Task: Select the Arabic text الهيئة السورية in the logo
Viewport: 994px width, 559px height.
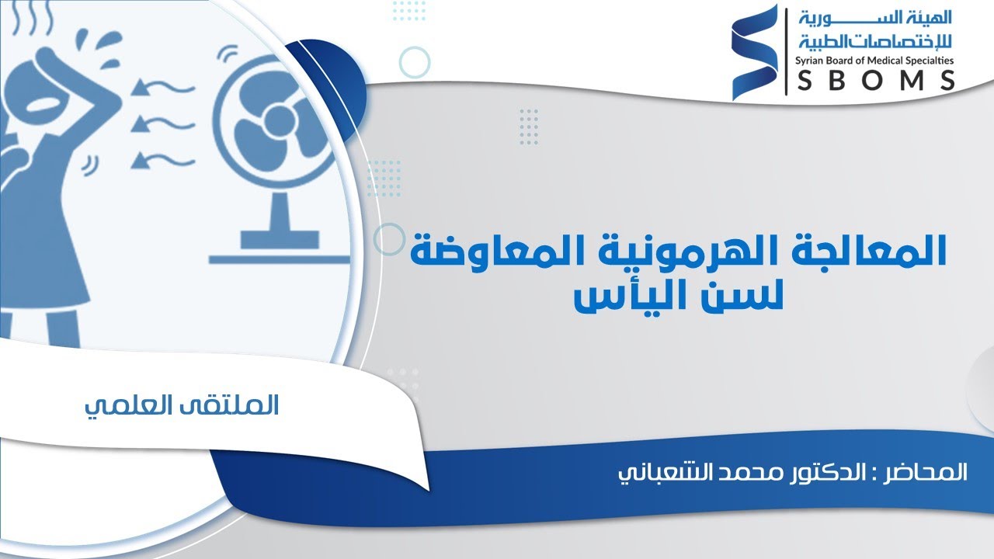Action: [874, 17]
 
